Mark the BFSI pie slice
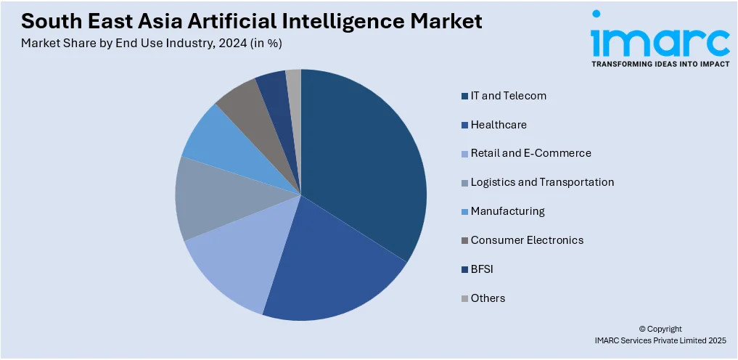(274, 87)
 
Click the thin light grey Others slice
(294, 83)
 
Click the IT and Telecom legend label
(508, 96)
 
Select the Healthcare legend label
(499, 125)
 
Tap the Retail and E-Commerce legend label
(530, 153)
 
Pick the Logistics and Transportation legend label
(542, 182)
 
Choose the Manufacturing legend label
(507, 211)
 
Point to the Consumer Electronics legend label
(527, 240)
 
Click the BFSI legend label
(483, 269)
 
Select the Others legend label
(488, 298)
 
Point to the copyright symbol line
(660, 329)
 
